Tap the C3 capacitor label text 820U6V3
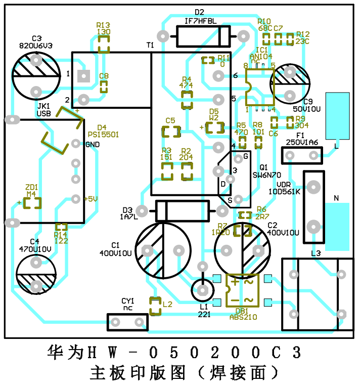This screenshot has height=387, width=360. pyautogui.click(x=35, y=45)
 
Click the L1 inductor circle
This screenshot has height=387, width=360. pyautogui.click(x=203, y=290)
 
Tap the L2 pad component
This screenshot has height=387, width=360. pyautogui.click(x=155, y=305)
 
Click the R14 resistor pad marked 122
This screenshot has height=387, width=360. pyautogui.click(x=61, y=228)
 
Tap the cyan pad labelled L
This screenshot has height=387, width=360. pyautogui.click(x=337, y=116)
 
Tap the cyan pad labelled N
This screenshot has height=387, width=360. pyautogui.click(x=337, y=226)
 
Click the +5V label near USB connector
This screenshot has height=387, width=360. pyautogui.click(x=91, y=199)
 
